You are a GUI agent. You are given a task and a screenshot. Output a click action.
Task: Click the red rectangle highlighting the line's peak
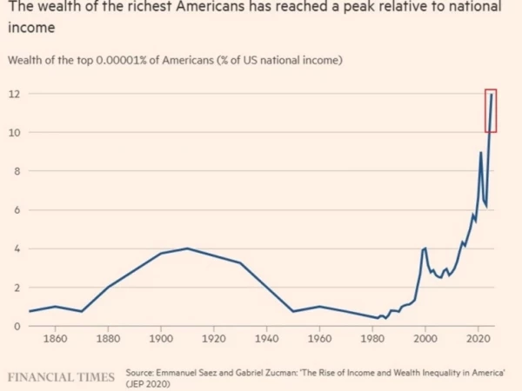click(485, 110)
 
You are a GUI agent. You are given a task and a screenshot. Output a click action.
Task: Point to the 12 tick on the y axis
click(14, 94)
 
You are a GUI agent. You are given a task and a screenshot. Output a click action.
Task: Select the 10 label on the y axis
click(14, 133)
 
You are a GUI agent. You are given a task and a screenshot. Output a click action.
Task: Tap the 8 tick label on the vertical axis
click(17, 171)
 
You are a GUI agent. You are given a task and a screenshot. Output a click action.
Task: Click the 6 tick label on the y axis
click(17, 210)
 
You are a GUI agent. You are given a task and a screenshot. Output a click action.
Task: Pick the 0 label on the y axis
click(17, 327)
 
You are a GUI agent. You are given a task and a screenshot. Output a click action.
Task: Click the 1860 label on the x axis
click(56, 339)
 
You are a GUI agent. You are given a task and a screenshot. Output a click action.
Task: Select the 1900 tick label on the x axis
click(161, 339)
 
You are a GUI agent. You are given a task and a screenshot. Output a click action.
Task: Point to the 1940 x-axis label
click(267, 339)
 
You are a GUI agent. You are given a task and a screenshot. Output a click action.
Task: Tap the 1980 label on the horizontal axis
click(372, 339)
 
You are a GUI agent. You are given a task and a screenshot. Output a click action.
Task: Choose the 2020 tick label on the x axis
click(478, 339)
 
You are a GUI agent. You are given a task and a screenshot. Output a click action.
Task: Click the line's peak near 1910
click(187, 249)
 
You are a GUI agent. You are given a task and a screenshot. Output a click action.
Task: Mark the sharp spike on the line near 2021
click(480, 153)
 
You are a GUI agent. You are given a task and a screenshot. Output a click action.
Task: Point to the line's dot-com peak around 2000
click(425, 249)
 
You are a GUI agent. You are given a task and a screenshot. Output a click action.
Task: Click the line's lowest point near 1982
click(378, 318)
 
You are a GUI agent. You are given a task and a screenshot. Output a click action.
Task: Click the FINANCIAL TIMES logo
click(61, 377)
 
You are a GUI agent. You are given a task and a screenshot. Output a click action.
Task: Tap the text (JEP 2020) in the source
click(148, 384)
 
